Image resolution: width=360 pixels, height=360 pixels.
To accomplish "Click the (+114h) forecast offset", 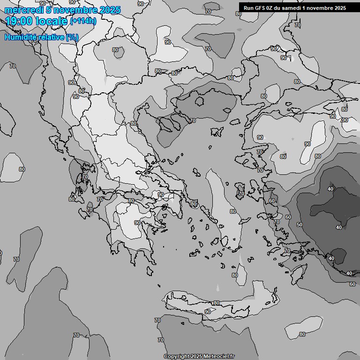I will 84,21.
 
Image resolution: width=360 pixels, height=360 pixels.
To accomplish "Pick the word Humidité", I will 20,37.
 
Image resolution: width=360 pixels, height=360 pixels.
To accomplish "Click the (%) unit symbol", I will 72,37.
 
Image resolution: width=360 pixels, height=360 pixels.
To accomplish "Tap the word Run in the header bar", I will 249,8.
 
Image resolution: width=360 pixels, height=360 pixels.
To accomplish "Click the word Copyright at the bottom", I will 177,356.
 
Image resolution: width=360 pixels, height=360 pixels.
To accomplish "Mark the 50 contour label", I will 300,225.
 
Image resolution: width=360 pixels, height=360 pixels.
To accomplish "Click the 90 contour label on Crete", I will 208,312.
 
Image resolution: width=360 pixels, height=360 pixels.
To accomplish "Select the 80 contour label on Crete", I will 216,303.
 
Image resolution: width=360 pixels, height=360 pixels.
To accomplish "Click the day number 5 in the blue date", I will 42,10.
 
